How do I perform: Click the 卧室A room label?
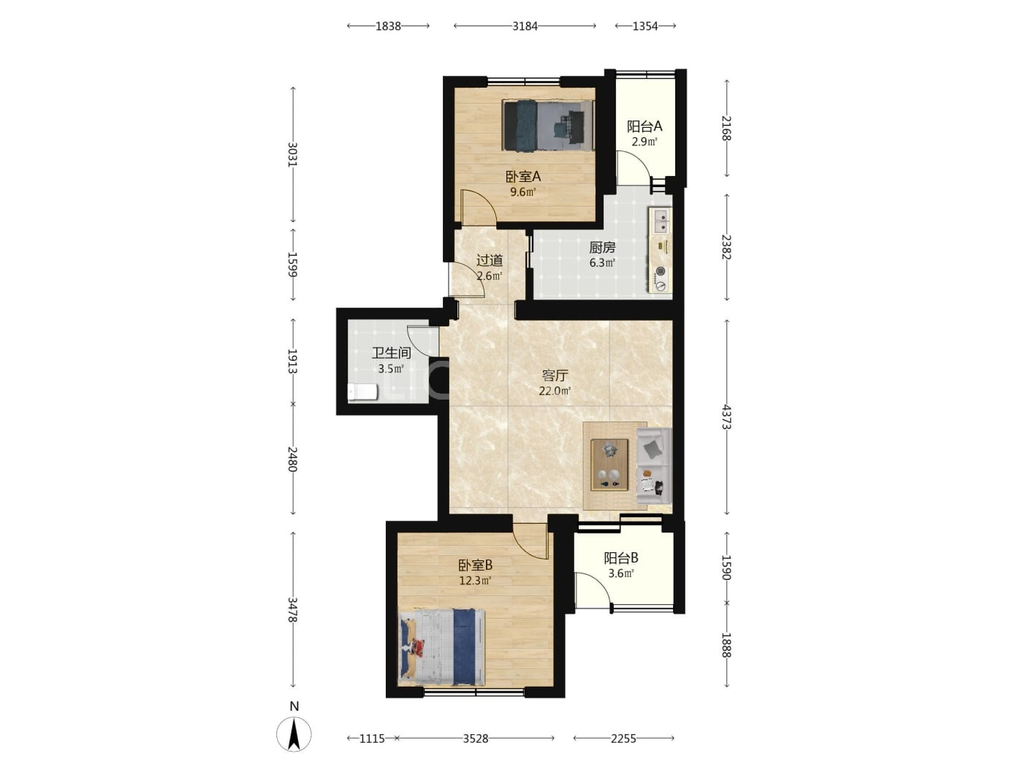(523, 177)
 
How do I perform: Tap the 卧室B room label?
(476, 565)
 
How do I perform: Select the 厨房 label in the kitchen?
(602, 248)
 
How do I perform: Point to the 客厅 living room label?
(555, 375)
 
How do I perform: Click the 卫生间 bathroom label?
(391, 353)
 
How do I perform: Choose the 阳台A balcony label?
(644, 126)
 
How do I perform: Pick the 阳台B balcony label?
(621, 558)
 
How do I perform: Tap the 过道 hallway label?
(490, 260)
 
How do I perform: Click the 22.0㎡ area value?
(555, 392)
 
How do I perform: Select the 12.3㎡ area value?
(476, 581)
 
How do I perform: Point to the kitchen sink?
(661, 221)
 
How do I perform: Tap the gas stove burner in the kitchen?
(661, 271)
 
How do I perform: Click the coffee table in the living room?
(609, 465)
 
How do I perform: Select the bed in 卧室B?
(442, 647)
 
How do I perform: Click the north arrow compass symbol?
(294, 733)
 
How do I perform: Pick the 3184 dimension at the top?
(525, 26)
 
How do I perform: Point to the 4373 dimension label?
(726, 417)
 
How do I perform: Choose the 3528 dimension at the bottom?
(476, 738)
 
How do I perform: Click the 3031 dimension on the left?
(293, 154)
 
